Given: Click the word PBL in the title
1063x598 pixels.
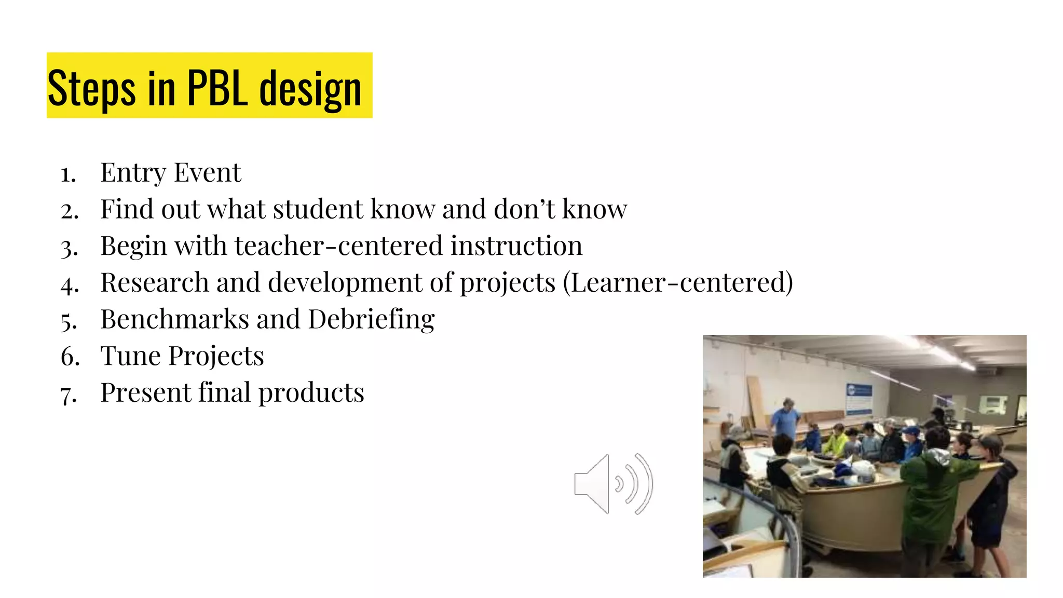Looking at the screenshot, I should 217,88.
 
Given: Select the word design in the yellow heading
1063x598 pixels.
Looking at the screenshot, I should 310,89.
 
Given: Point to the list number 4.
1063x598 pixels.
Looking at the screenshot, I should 70,284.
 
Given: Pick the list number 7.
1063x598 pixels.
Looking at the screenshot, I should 69,394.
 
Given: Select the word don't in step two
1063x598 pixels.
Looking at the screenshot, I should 524,209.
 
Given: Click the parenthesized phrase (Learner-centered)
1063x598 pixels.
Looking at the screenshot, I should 678,282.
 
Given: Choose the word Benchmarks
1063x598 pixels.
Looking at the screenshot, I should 174,319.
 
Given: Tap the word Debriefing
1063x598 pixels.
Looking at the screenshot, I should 371,319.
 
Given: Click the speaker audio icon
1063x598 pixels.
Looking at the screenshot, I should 614,484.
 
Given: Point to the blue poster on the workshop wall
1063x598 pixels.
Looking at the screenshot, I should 858,399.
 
